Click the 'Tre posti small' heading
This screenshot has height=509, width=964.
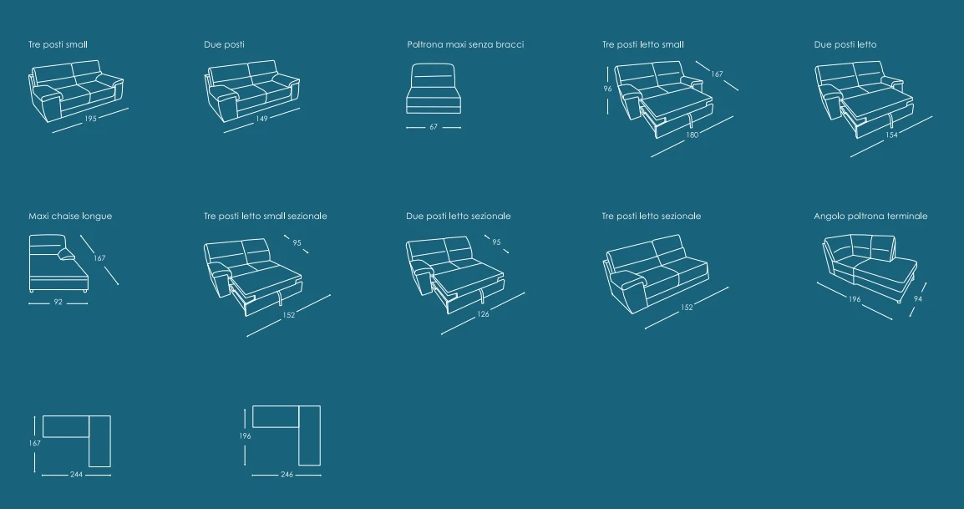58,44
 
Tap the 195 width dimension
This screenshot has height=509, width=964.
90,118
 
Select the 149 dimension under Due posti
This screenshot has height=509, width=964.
262,118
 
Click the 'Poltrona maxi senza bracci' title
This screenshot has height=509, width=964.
465,44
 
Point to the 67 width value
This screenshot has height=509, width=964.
434,127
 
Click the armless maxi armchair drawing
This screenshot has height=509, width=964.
434,89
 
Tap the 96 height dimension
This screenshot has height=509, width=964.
607,89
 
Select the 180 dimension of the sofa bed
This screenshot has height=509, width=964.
693,135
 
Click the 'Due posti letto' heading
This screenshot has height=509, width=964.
845,44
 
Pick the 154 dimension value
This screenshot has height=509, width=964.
891,135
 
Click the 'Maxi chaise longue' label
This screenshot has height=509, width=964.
70,216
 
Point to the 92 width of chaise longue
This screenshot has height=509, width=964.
58,303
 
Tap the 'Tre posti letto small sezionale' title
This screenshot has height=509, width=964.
266,216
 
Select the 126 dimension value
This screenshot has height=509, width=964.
483,314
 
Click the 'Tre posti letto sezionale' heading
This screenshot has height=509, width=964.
652,216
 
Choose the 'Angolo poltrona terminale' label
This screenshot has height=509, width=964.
870,216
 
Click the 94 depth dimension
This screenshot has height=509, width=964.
918,299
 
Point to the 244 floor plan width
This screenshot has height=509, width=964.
76,475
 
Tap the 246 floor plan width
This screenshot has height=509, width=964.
287,475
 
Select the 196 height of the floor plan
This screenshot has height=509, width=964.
245,435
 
